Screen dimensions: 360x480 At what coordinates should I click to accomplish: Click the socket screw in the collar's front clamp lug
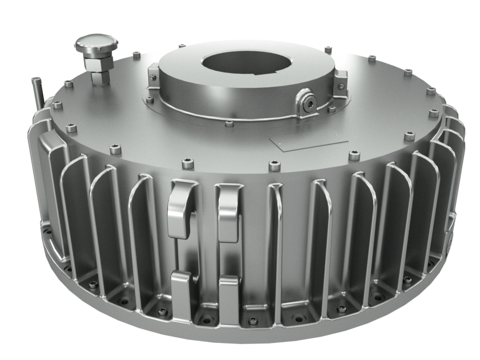309,102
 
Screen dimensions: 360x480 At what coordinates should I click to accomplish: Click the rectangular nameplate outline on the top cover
309,143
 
